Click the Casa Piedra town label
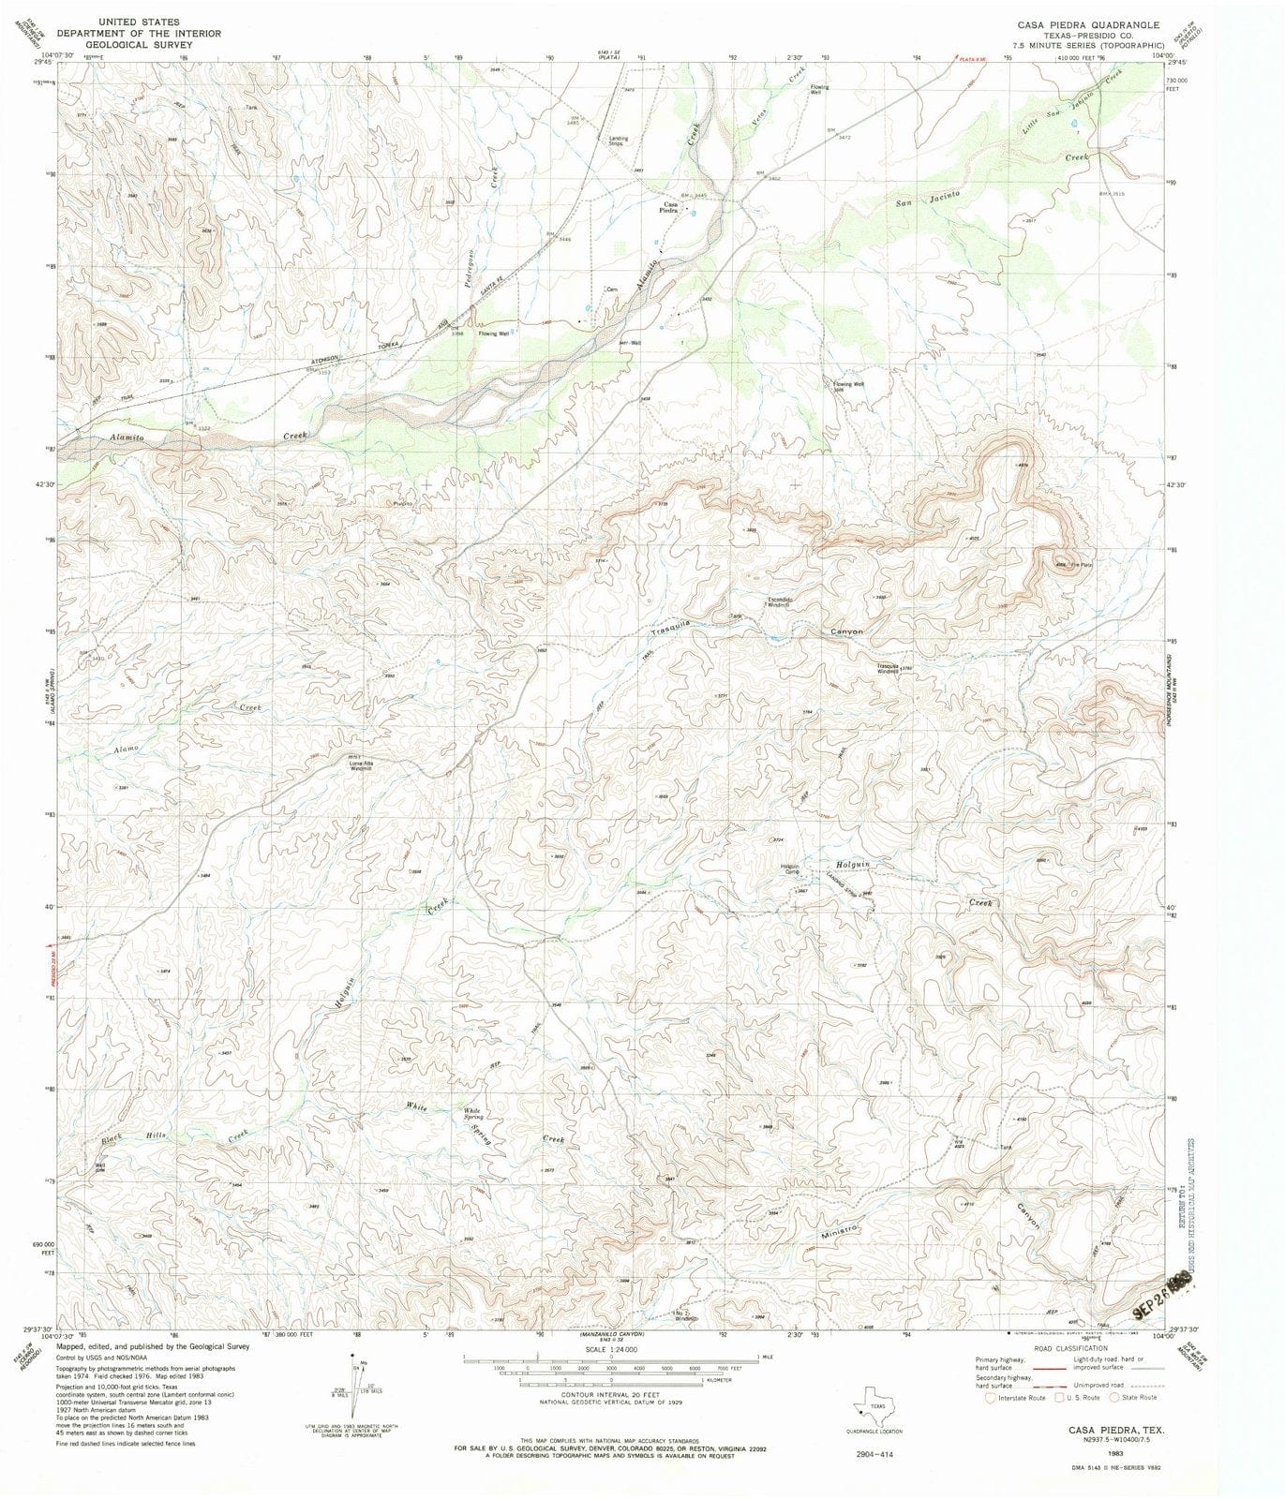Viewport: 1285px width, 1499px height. point(670,208)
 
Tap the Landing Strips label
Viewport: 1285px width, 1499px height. point(619,141)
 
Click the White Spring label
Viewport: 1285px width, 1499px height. point(473,1115)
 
